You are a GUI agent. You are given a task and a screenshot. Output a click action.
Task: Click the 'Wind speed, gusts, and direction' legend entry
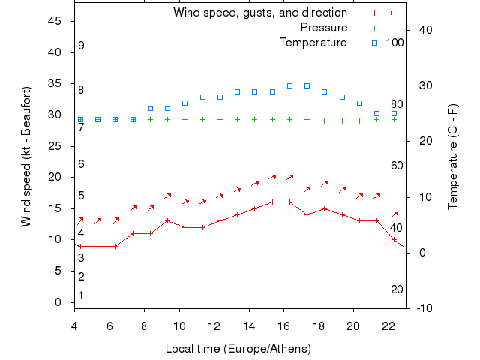tap(259, 13)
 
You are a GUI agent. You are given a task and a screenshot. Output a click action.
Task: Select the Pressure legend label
tap(323, 28)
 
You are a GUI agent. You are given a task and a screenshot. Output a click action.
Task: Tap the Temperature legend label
tap(313, 43)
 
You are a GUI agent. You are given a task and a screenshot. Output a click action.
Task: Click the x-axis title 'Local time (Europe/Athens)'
tap(238, 349)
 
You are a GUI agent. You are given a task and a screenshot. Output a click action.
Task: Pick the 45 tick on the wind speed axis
tap(55, 21)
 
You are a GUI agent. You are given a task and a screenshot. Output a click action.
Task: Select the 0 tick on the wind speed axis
tap(58, 302)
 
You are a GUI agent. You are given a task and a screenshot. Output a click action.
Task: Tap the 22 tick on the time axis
tap(388, 325)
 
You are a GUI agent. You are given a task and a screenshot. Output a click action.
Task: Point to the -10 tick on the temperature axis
tap(422, 308)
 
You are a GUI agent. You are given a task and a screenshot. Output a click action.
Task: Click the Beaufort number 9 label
tap(81, 46)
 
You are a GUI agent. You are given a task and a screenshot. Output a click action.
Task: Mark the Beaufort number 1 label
tap(81, 295)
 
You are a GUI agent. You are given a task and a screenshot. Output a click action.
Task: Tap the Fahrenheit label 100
tap(394, 43)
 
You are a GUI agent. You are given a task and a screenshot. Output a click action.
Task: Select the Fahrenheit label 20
tap(397, 289)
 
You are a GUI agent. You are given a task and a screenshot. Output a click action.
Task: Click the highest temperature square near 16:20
tap(289, 85)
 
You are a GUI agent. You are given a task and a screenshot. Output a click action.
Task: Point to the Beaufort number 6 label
tap(81, 164)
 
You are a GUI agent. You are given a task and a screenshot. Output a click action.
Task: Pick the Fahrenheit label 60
tap(397, 166)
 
